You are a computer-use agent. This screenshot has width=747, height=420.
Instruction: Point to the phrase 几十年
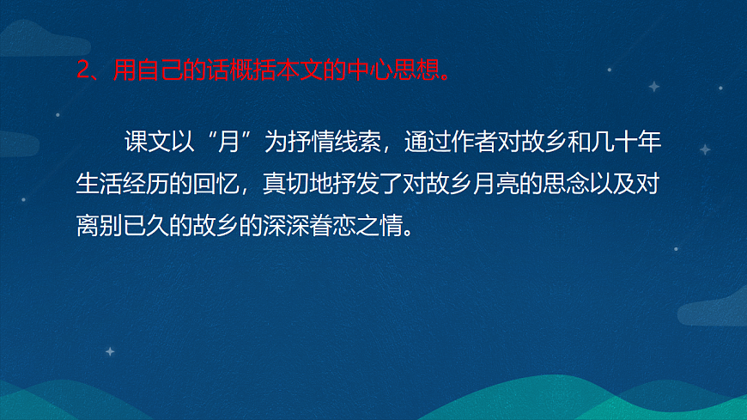630,142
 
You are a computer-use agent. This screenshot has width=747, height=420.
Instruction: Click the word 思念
566,185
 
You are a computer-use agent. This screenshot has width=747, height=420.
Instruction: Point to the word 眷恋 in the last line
335,228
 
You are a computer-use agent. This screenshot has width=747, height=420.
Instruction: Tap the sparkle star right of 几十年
705,149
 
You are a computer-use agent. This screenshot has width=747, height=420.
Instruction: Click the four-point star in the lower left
109,350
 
